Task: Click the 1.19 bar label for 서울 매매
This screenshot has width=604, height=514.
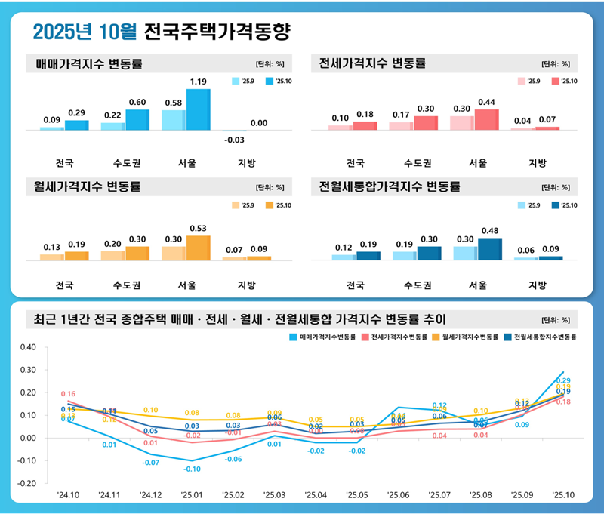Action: click(199, 82)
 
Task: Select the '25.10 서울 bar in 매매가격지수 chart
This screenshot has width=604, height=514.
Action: click(199, 109)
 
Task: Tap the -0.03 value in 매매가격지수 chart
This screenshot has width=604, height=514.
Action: click(235, 140)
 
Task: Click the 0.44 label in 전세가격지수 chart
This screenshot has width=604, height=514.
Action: click(486, 102)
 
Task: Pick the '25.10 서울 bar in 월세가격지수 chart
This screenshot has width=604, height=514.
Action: click(199, 248)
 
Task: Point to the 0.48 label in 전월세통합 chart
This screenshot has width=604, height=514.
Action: click(490, 230)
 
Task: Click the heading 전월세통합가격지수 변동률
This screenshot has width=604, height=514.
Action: click(390, 186)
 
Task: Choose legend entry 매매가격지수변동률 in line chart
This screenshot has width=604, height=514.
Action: click(324, 337)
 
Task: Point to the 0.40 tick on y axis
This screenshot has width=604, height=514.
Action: click(27, 347)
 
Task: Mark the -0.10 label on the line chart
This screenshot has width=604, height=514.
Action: click(192, 469)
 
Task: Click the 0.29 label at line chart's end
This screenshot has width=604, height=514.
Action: click(563, 381)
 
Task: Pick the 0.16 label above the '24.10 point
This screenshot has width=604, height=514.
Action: click(68, 394)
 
